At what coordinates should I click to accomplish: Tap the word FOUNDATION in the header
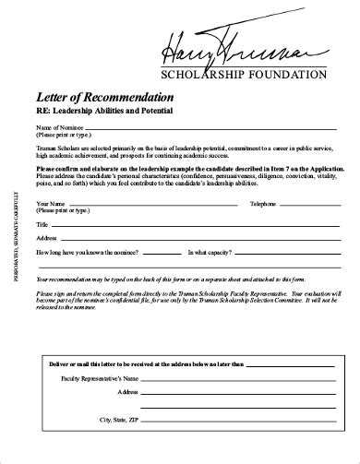tap(288, 74)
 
